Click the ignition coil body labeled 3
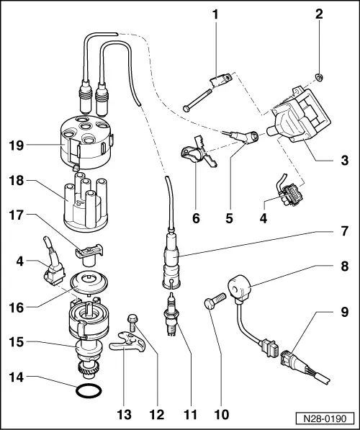pyautogui.click(x=299, y=125)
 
